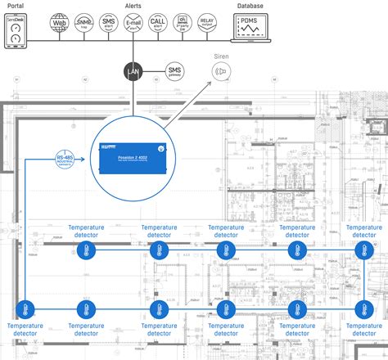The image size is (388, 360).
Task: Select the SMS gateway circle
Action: click(175, 73)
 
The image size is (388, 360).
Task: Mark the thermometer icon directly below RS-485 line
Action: click(24, 309)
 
